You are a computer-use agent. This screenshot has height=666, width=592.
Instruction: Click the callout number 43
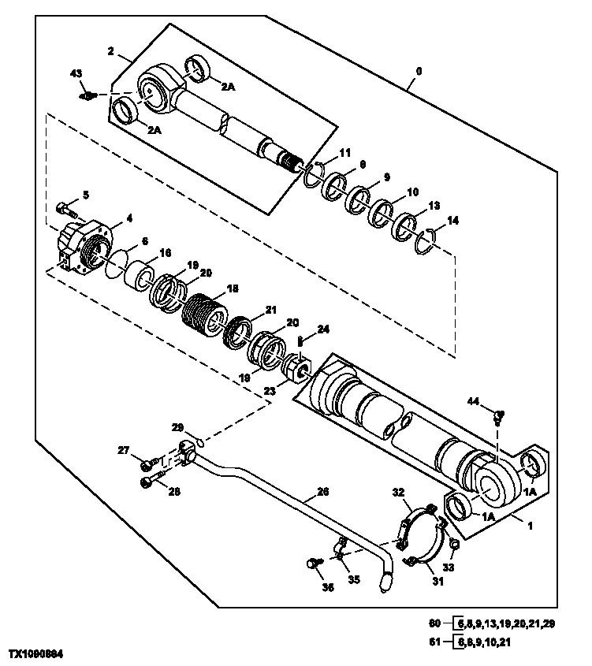pos(76,73)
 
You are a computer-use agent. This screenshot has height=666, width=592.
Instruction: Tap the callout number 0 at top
pos(419,71)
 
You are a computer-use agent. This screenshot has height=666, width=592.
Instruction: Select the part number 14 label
pos(452,221)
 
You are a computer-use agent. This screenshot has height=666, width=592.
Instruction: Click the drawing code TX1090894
pos(37,655)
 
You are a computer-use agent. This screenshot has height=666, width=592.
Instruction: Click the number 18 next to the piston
pos(232,289)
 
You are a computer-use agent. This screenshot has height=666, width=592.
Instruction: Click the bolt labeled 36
pos(315,564)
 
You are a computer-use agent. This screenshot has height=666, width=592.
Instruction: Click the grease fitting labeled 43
pos(87,96)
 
